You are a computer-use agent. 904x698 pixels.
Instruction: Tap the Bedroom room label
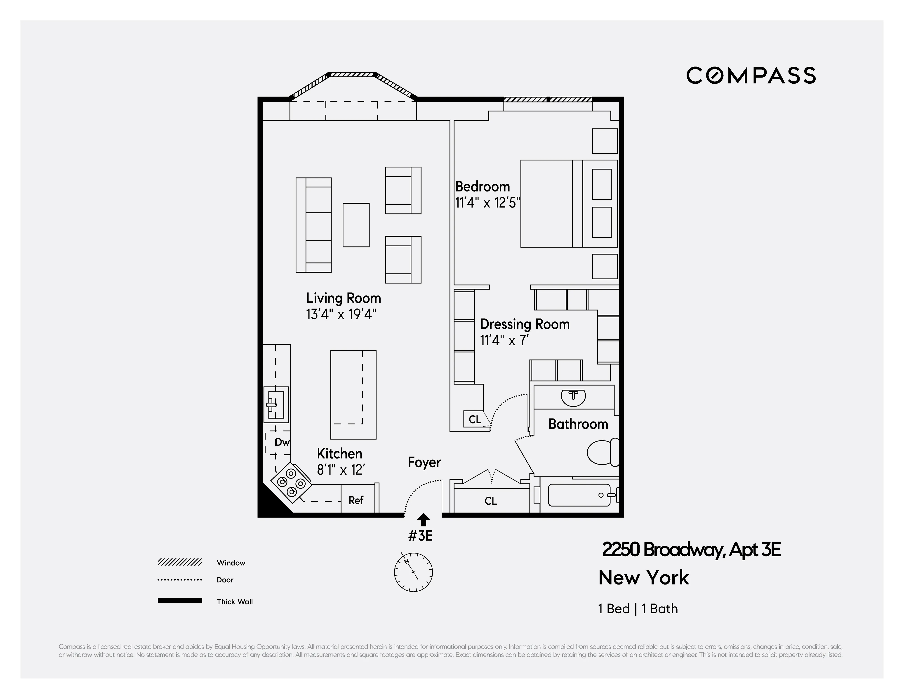point(482,187)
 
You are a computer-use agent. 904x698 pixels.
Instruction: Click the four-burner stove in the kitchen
point(291,483)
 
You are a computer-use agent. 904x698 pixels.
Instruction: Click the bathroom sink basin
point(573,397)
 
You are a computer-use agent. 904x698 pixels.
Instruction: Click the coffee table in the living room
point(356,225)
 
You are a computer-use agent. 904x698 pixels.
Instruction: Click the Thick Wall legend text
point(235,601)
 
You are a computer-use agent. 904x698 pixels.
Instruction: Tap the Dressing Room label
point(525,324)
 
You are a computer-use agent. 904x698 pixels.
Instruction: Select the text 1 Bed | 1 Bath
point(638,608)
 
